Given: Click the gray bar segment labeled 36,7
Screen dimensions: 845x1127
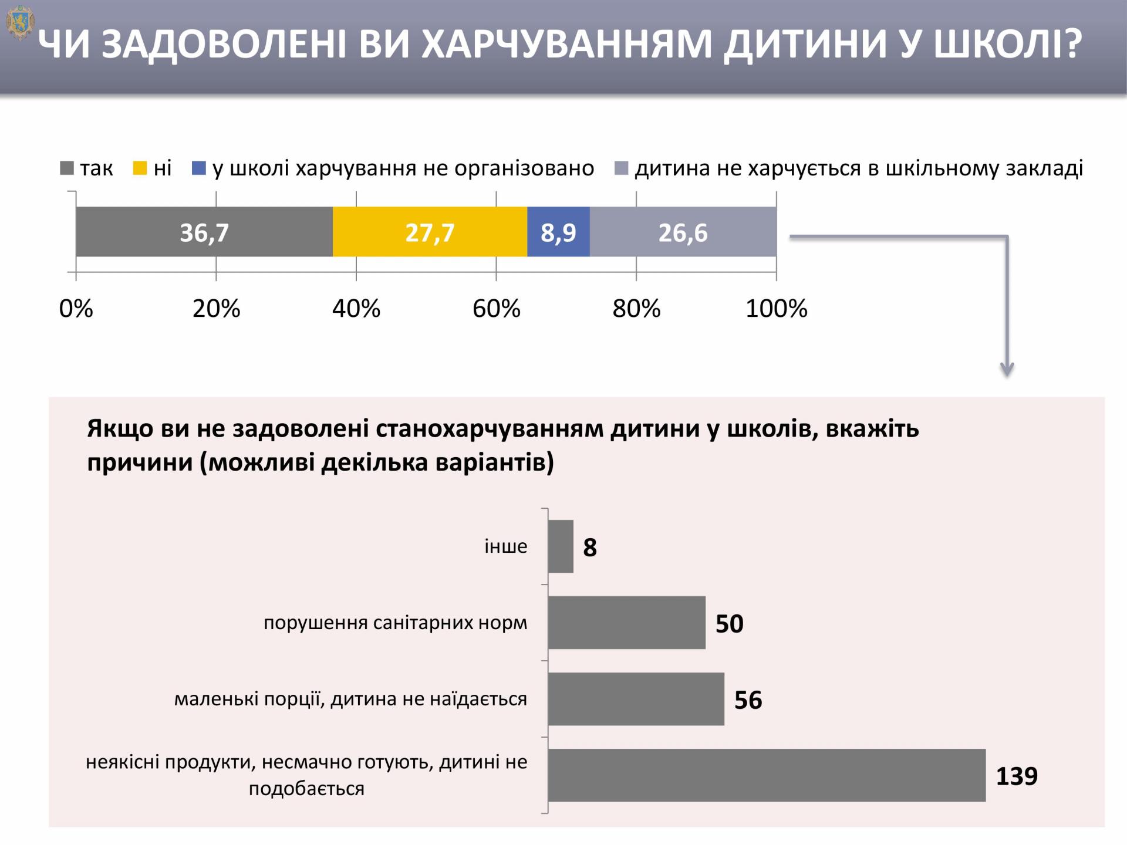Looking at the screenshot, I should pyautogui.click(x=204, y=232).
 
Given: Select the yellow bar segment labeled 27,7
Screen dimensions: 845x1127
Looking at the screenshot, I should pyautogui.click(x=430, y=232).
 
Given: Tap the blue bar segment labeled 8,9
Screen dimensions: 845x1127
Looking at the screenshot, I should pyautogui.click(x=558, y=232).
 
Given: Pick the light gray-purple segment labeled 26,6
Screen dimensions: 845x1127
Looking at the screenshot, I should pyautogui.click(x=683, y=232).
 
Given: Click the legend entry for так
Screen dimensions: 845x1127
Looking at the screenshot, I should pyautogui.click(x=87, y=169).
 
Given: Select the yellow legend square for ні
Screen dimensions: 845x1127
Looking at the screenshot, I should pyautogui.click(x=140, y=169).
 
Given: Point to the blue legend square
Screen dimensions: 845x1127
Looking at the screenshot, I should pyautogui.click(x=199, y=169).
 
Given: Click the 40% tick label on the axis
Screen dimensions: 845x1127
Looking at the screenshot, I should pyautogui.click(x=356, y=309).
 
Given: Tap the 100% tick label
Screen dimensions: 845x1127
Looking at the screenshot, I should pyautogui.click(x=776, y=309).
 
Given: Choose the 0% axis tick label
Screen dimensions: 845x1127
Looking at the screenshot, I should pyautogui.click(x=76, y=309).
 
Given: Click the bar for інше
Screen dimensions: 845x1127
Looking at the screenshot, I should pyautogui.click(x=561, y=546).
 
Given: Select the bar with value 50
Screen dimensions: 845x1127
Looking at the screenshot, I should pyautogui.click(x=626, y=623).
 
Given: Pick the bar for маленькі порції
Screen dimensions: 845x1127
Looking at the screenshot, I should pyautogui.click(x=636, y=699).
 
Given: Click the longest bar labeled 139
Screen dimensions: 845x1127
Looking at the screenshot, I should pyautogui.click(x=767, y=775).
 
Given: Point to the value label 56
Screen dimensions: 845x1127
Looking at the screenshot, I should pyautogui.click(x=748, y=700).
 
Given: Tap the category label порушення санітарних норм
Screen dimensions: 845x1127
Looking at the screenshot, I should pyautogui.click(x=395, y=623).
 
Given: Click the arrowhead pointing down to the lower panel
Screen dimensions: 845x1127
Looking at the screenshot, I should pyautogui.click(x=1007, y=369).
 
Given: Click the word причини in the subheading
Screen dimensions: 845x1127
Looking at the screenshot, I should pyautogui.click(x=140, y=463).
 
